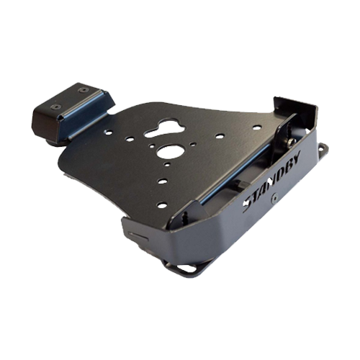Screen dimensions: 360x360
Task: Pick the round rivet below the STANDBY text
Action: [x=274, y=197]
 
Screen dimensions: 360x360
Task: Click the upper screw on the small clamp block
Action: [x=83, y=90]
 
